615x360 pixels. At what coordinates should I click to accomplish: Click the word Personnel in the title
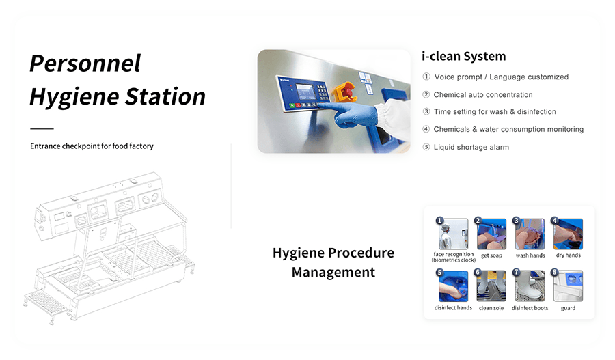click(x=85, y=64)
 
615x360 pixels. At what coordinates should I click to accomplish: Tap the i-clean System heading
click(x=463, y=57)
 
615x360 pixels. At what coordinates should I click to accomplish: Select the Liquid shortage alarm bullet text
click(x=471, y=147)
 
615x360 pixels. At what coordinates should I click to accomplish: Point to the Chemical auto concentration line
click(x=483, y=94)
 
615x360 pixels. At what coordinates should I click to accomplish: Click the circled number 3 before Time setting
click(x=426, y=112)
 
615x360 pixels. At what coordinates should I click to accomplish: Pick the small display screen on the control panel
click(x=305, y=92)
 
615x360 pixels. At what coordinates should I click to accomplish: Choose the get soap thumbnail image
click(x=491, y=234)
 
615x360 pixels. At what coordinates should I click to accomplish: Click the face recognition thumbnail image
click(x=454, y=234)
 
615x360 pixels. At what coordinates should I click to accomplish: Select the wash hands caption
click(x=530, y=255)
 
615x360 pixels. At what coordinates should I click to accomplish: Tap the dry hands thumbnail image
click(x=568, y=234)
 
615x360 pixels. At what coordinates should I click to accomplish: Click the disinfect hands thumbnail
click(x=454, y=286)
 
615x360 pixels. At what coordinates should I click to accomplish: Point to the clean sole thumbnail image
click(x=491, y=286)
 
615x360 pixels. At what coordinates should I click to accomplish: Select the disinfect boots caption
click(x=530, y=308)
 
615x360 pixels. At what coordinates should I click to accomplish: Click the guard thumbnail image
click(x=568, y=286)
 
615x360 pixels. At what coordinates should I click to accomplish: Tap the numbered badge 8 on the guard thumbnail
click(x=554, y=272)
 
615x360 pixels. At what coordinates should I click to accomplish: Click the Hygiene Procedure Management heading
click(x=333, y=262)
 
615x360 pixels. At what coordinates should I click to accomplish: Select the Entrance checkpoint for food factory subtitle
click(x=92, y=146)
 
